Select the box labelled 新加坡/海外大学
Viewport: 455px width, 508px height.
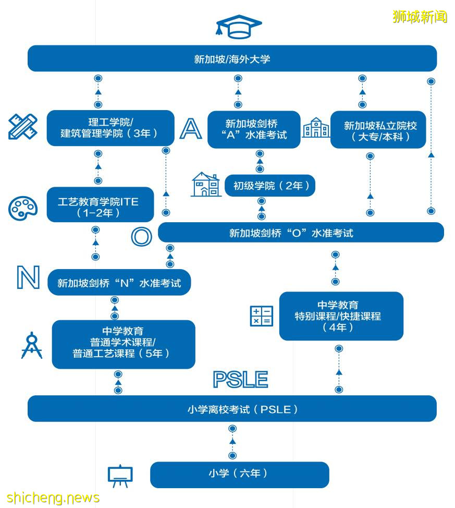click(x=232, y=58)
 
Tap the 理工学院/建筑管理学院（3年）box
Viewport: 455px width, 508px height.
click(x=110, y=128)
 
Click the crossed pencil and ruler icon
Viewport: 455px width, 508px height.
click(x=23, y=127)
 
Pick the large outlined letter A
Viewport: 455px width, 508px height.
click(x=190, y=129)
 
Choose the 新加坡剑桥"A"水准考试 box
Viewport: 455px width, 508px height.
click(x=254, y=129)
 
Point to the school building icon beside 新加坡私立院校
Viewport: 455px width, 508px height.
click(x=316, y=128)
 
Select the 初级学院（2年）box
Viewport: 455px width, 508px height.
click(x=269, y=186)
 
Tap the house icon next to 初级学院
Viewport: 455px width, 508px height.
click(x=206, y=185)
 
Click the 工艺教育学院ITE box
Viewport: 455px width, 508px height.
click(x=100, y=204)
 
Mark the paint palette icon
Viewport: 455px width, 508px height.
click(x=23, y=208)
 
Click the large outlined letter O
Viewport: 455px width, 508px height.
click(x=141, y=236)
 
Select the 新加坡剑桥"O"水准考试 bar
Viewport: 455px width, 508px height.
click(x=301, y=233)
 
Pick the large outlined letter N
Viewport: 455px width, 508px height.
click(x=28, y=278)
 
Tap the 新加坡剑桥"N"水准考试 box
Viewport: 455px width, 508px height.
click(x=119, y=283)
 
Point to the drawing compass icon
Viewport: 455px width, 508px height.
click(x=31, y=345)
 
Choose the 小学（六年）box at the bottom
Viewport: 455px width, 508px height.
click(x=239, y=474)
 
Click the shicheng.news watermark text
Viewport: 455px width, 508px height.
click(x=53, y=498)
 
